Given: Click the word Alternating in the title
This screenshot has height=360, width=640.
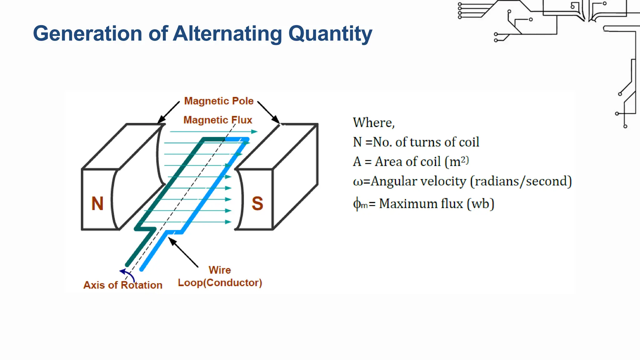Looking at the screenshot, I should point(227,33).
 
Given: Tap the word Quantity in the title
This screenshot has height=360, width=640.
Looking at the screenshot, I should point(330,33).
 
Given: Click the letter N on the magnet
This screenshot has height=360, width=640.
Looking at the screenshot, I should point(97,203).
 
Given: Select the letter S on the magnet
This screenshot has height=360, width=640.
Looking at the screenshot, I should point(257,203).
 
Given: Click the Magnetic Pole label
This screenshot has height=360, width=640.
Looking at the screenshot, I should point(219,101).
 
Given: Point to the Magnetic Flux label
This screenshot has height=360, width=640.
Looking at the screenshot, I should point(217,120).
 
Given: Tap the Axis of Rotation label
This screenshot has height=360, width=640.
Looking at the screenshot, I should point(123,285).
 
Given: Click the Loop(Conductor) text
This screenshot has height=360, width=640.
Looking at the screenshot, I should point(220,282).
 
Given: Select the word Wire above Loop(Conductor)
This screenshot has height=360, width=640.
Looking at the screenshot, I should point(220,270).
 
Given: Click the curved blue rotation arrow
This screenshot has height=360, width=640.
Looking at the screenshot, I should point(128,274).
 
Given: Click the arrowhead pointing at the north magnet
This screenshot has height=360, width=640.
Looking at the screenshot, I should point(161,120).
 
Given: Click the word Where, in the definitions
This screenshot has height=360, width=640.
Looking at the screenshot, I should point(374,122).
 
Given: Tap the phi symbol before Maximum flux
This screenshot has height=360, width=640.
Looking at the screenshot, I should point(357,204).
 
